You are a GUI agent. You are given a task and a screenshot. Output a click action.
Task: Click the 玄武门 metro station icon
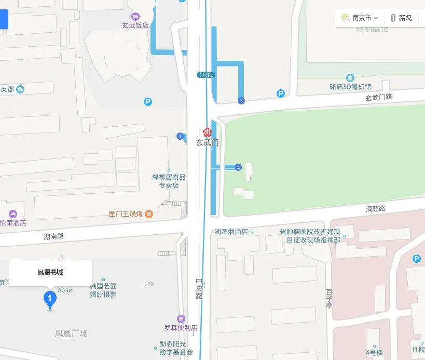pyautogui.click(x=207, y=131)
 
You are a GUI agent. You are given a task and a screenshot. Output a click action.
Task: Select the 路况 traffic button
pyautogui.click(x=401, y=18)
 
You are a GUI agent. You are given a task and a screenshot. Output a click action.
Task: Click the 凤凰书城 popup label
pyautogui.click(x=50, y=272)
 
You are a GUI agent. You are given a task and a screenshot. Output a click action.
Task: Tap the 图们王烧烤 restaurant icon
pyautogui.click(x=149, y=214)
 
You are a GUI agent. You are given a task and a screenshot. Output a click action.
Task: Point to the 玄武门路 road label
pyautogui.click(x=378, y=97)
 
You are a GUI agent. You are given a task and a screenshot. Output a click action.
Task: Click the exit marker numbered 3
pyautogui.click(x=241, y=100)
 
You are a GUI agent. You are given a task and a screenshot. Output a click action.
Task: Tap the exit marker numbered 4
pyautogui.click(x=238, y=167)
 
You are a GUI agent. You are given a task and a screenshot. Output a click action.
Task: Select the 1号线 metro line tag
pyautogui.click(x=206, y=75)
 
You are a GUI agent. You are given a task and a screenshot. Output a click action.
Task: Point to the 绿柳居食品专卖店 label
pyautogui.click(x=169, y=181)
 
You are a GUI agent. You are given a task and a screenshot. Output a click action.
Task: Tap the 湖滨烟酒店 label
pyautogui.click(x=231, y=232)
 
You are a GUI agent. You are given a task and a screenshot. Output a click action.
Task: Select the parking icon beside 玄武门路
pyautogui.click(x=281, y=94)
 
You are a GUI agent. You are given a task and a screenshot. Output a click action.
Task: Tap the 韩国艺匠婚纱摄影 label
pyautogui.click(x=103, y=290)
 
